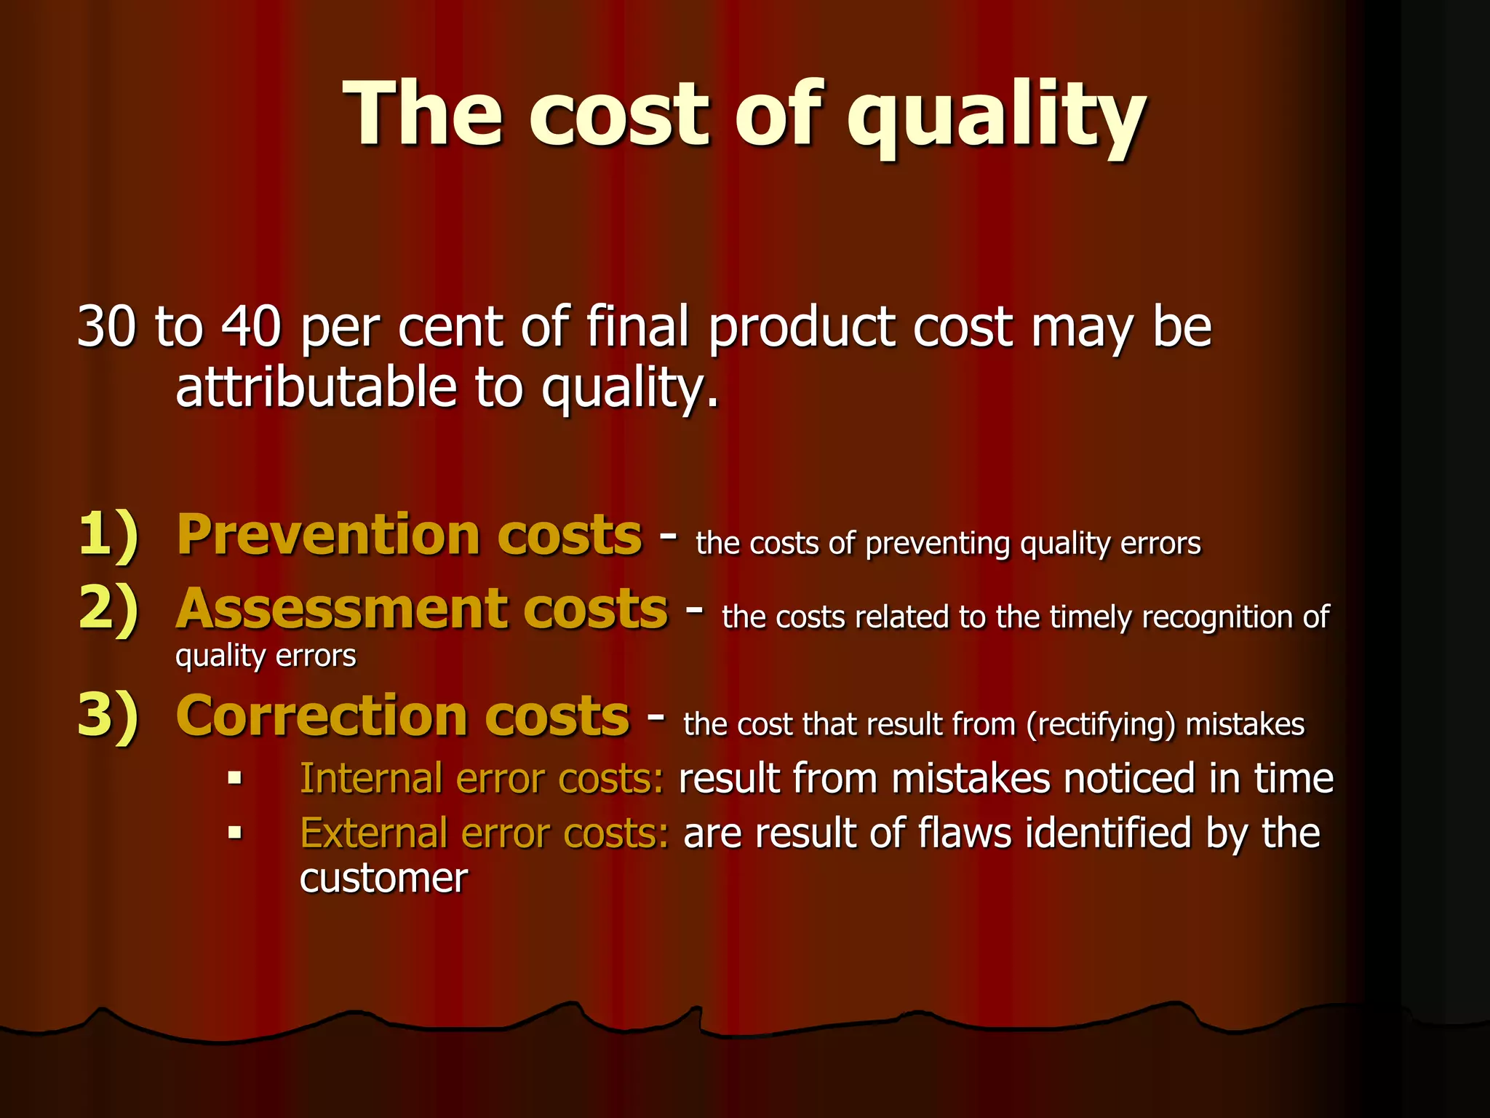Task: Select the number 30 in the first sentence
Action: pyautogui.click(x=106, y=327)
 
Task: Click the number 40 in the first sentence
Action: pyautogui.click(x=251, y=327)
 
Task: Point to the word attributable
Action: pyautogui.click(x=316, y=387)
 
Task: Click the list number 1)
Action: pyautogui.click(x=108, y=536)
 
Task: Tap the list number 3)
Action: pyautogui.click(x=108, y=716)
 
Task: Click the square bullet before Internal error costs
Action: pyautogui.click(x=234, y=778)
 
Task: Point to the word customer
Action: pyautogui.click(x=383, y=879)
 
